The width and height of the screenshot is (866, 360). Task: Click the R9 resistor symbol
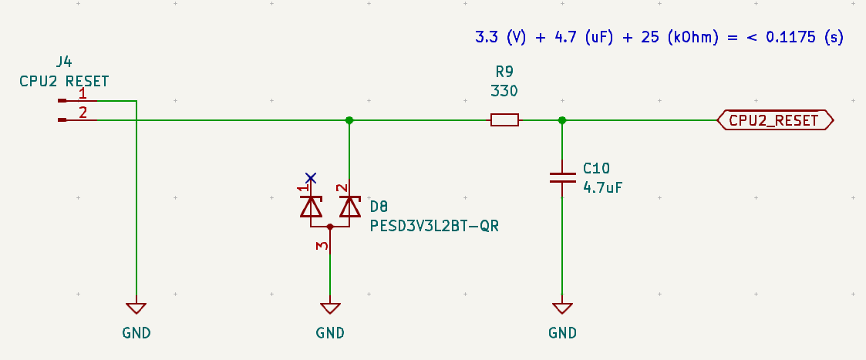(504, 120)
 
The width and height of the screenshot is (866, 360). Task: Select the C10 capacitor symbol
(562, 177)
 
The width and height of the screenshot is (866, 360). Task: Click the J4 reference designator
(65, 62)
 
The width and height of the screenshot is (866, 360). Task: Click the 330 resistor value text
(504, 91)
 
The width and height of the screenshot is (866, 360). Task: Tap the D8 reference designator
(379, 207)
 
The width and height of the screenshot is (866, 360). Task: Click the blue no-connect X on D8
(311, 177)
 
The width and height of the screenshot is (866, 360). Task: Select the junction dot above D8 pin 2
(349, 120)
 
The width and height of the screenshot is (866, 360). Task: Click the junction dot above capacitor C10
(562, 120)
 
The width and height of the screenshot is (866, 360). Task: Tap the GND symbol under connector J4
(136, 308)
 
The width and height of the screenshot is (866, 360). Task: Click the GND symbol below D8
(330, 308)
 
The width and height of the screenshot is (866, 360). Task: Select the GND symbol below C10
(562, 308)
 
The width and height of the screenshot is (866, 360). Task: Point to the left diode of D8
(311, 207)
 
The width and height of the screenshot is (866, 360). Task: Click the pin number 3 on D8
(324, 246)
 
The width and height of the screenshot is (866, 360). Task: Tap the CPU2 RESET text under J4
(65, 80)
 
